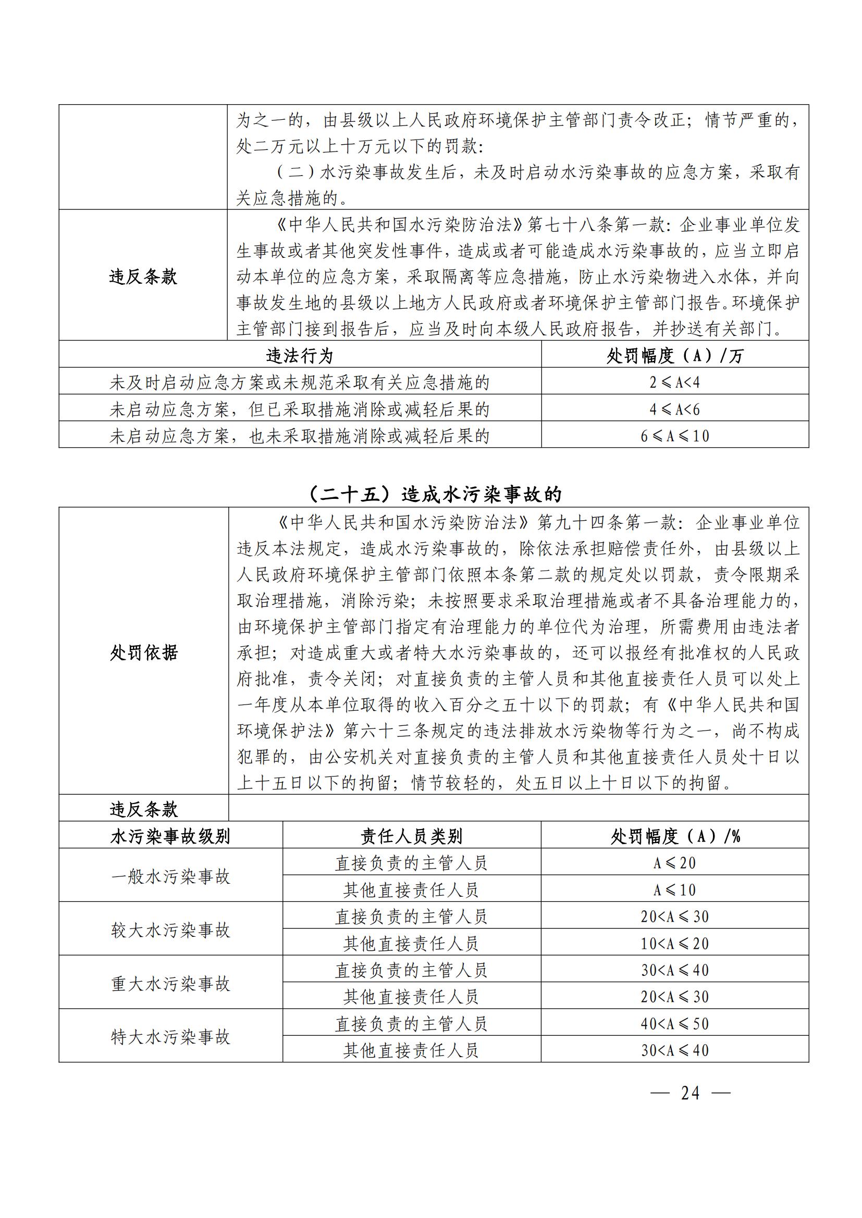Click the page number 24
pyautogui.click(x=690, y=1093)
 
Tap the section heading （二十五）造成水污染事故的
pyautogui.click(x=434, y=494)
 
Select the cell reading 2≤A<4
pyautogui.click(x=674, y=382)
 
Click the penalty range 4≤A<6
pyautogui.click(x=674, y=409)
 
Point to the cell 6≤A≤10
pyautogui.click(x=674, y=436)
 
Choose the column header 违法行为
pyautogui.click(x=299, y=356)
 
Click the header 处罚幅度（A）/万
pyautogui.click(x=674, y=356)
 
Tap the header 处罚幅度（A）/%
pyautogui.click(x=674, y=837)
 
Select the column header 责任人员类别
pyautogui.click(x=411, y=837)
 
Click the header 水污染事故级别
pyautogui.click(x=170, y=837)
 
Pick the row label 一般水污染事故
pyautogui.click(x=170, y=876)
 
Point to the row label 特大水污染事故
pyautogui.click(x=170, y=1037)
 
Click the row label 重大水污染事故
pyautogui.click(x=170, y=984)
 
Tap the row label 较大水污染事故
pyautogui.click(x=170, y=930)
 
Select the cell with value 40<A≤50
pyautogui.click(x=674, y=1023)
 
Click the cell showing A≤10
pyautogui.click(x=674, y=889)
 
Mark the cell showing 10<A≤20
pyautogui.click(x=674, y=943)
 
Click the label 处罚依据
pyautogui.click(x=143, y=652)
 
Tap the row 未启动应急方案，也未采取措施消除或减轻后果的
pyautogui.click(x=299, y=436)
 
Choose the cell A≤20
pyautogui.click(x=674, y=863)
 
